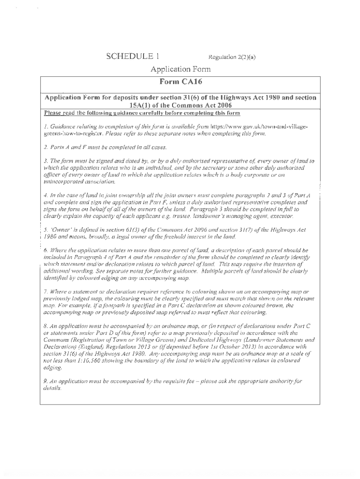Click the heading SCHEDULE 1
(x=133, y=57)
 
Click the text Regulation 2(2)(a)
(x=232, y=58)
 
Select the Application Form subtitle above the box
(x=180, y=70)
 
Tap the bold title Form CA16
(x=180, y=82)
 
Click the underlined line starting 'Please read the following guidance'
(x=142, y=113)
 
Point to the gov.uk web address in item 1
(x=259, y=127)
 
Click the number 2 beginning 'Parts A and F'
(x=45, y=147)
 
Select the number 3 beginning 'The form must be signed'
(x=45, y=161)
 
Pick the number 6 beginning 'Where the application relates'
(x=45, y=251)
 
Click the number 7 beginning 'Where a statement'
(x=45, y=292)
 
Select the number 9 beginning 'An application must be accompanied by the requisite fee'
(x=45, y=381)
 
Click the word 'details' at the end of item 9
(x=52, y=388)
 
